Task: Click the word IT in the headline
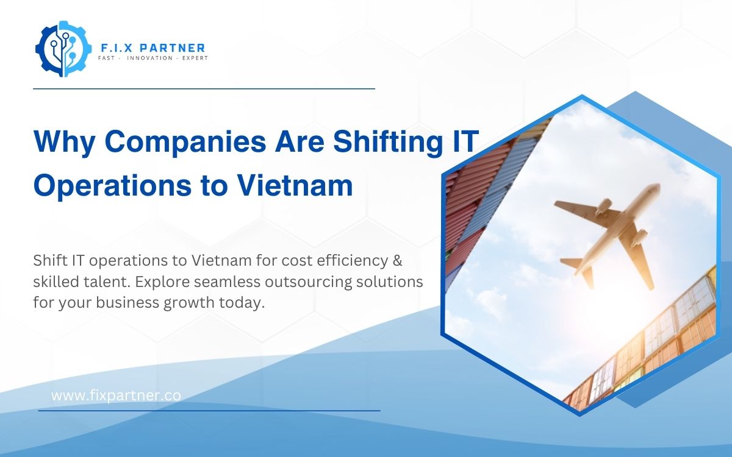[x=462, y=143]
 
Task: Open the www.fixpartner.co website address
[x=116, y=395]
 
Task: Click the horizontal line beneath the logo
[x=204, y=88]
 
